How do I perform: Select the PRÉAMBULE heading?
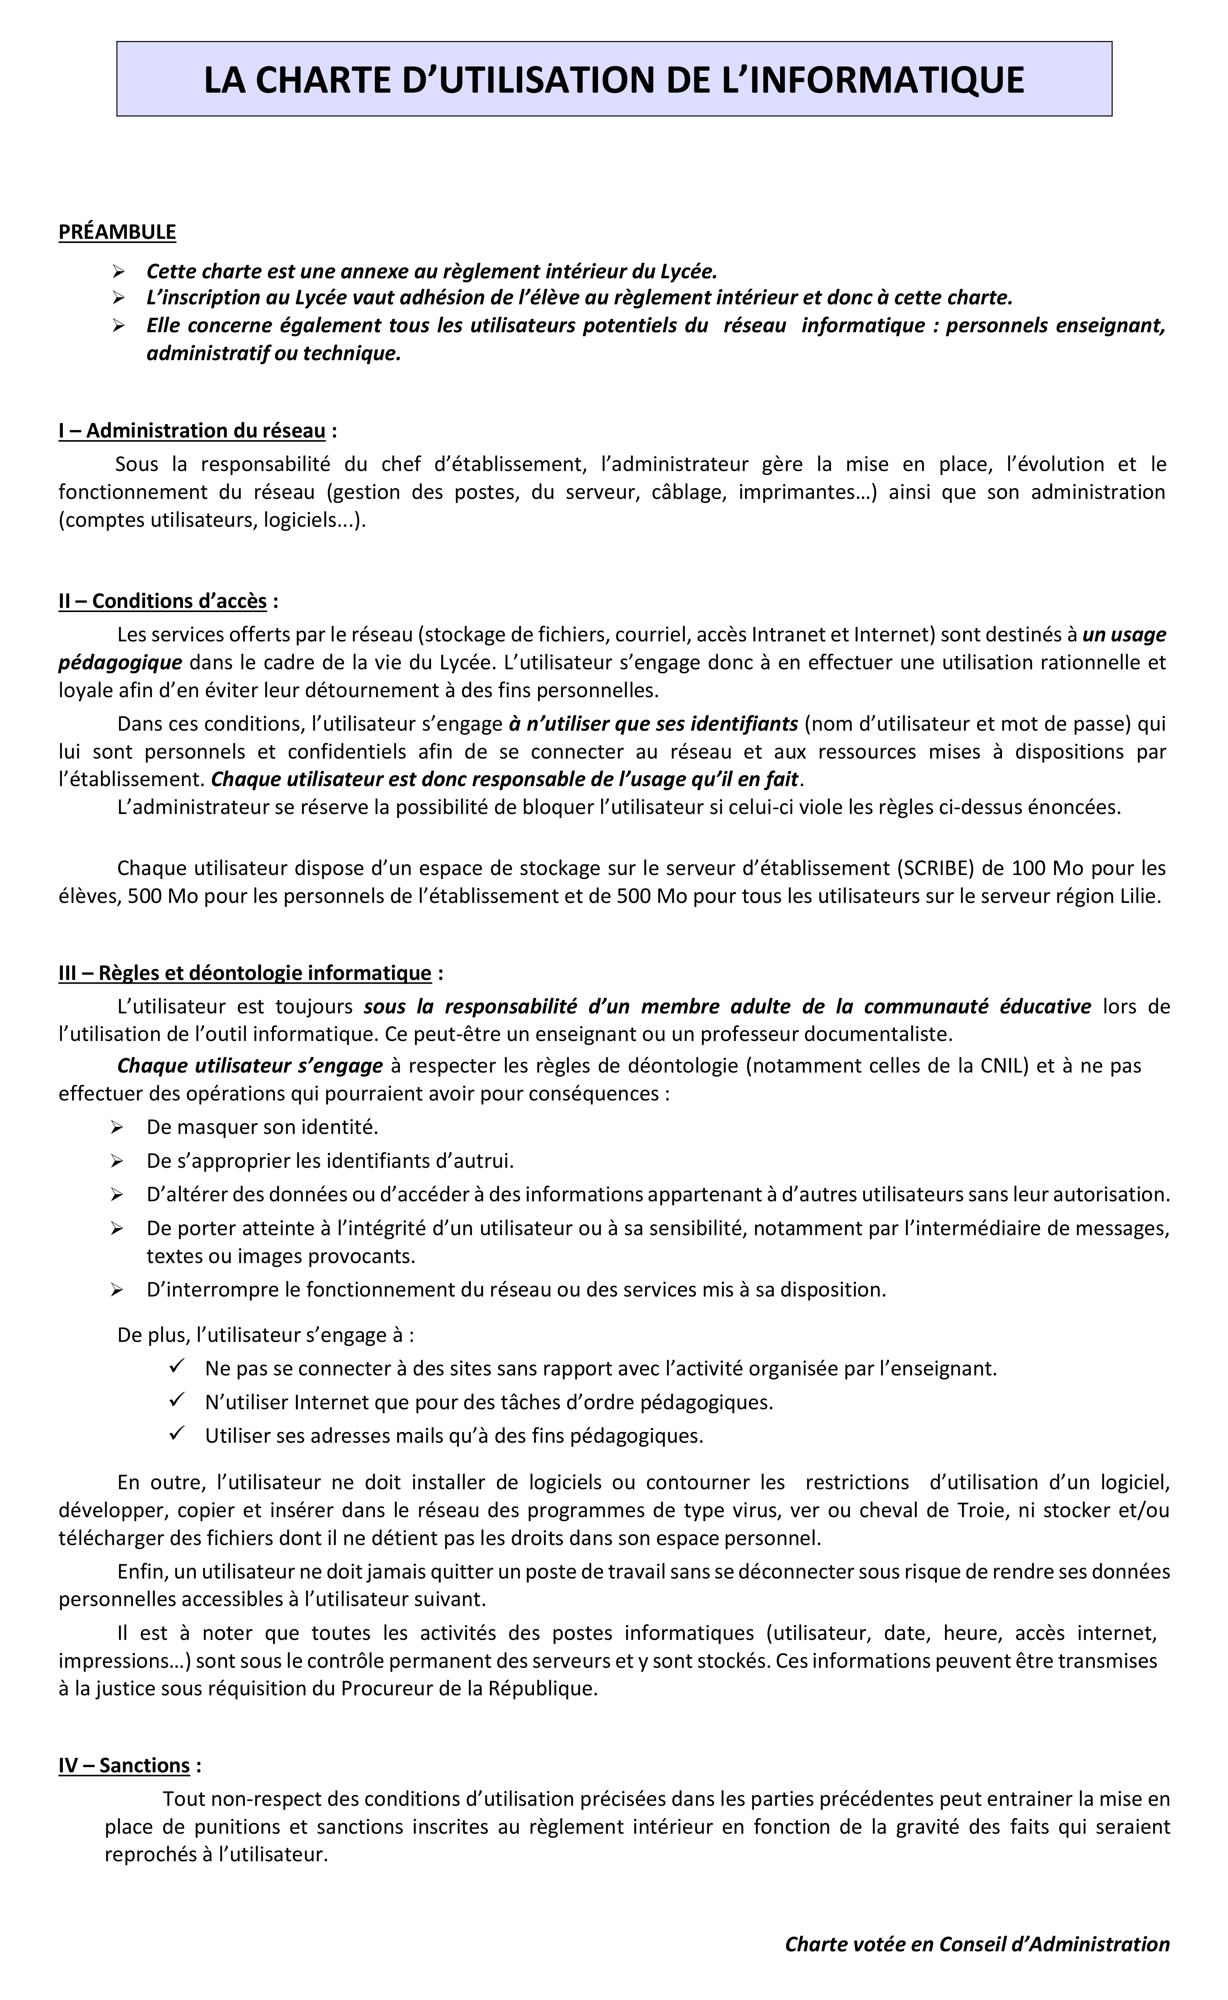[x=117, y=233]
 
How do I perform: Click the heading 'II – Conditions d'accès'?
[x=162, y=602]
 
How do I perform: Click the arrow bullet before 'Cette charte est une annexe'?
[x=117, y=270]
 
